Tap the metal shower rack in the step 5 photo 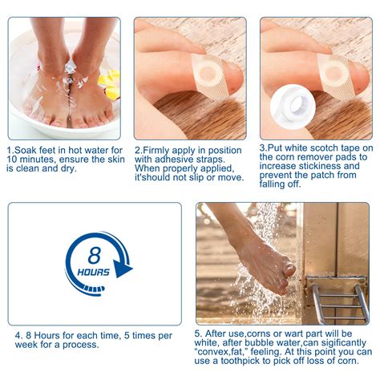[x=338, y=301]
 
